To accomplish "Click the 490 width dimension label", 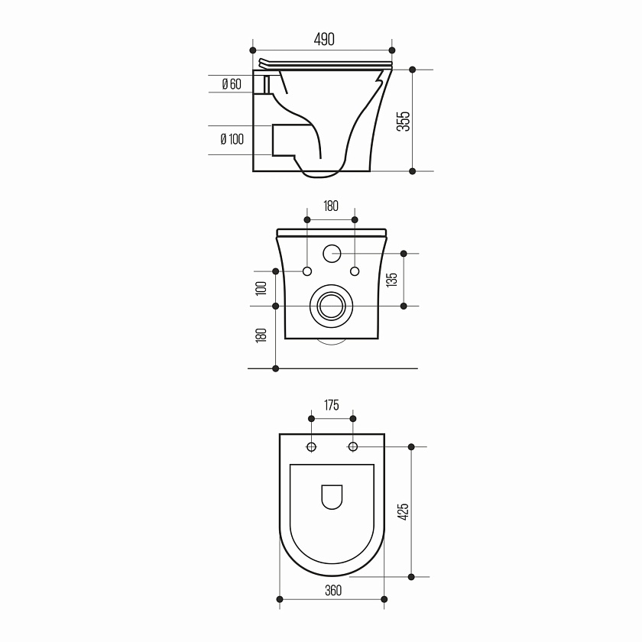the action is (324, 39).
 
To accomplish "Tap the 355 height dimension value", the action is (404, 121).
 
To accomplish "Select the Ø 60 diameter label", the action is (232, 84).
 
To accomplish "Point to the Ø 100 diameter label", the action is (232, 139).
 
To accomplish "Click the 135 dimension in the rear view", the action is (392, 280).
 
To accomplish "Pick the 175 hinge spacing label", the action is (332, 405).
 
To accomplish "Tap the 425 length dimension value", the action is (404, 512).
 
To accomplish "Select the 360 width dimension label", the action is (333, 590).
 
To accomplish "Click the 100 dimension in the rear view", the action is (261, 288).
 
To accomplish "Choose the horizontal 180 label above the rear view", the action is (331, 206).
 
